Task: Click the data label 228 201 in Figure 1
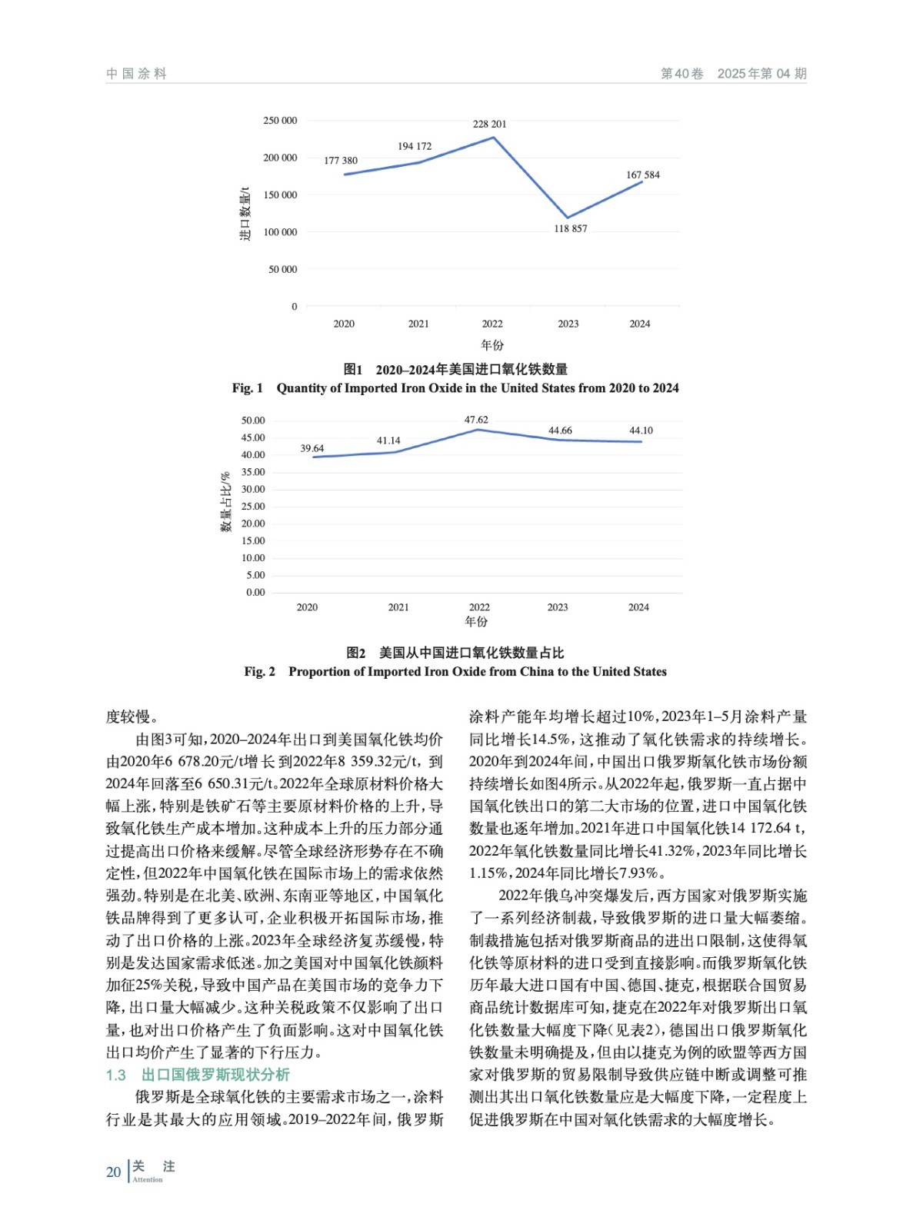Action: point(489,124)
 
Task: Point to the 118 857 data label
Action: point(570,228)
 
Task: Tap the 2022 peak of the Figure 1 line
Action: point(493,138)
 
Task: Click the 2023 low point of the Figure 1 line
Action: point(568,218)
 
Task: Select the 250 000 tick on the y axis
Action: point(280,121)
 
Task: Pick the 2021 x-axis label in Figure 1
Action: point(418,324)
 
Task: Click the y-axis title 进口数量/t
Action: point(245,214)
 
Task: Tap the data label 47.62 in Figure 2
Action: point(476,420)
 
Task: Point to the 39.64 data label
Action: point(312,448)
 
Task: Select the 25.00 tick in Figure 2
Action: point(254,506)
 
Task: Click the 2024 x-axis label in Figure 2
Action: point(638,607)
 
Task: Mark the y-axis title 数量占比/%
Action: point(225,502)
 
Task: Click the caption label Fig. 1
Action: point(247,388)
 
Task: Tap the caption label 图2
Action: point(355,653)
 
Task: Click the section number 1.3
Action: point(116,1075)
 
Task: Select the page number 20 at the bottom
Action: point(114,1172)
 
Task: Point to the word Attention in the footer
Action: point(148,1179)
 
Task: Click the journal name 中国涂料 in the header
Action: point(136,74)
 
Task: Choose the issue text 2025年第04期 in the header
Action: point(761,74)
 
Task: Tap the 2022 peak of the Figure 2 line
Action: point(478,429)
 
